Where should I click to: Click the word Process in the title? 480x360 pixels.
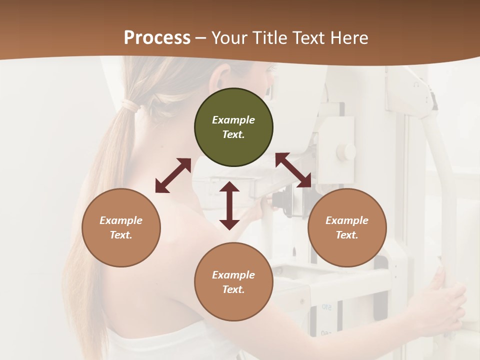click(157, 37)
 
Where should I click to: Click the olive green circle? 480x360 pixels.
click(233, 127)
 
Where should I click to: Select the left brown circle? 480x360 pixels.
click(121, 227)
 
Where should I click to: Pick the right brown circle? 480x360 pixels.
click(347, 227)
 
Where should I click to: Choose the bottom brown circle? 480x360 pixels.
click(233, 282)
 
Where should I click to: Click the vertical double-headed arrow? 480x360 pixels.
click(229, 205)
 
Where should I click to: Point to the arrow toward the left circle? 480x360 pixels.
click(173, 175)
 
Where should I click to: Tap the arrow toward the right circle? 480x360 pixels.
click(293, 170)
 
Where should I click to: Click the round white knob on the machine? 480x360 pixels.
click(345, 150)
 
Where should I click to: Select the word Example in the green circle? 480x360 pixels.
click(233, 120)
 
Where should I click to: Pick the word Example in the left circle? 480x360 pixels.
click(121, 220)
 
